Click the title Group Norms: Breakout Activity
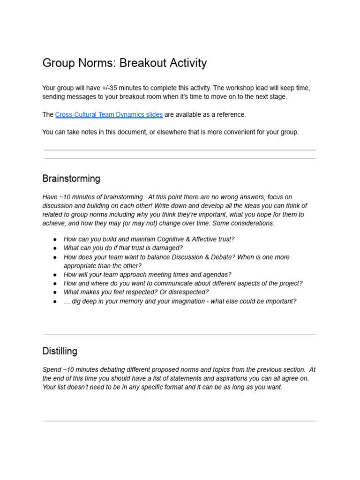coord(124,63)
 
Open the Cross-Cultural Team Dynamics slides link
coord(109,115)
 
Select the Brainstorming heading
coord(71,179)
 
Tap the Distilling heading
coord(60,351)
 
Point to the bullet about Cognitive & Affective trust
coord(149,239)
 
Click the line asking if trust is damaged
coord(123,248)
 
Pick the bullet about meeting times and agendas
coord(147,275)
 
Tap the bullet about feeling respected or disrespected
coord(136,292)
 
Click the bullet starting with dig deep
coord(180,301)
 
